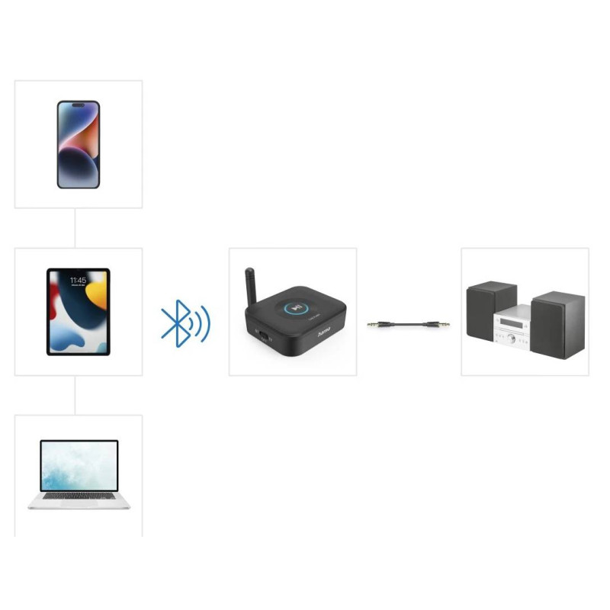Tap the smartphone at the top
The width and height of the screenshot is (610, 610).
pos(78,144)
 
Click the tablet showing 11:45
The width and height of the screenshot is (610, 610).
pos(78,311)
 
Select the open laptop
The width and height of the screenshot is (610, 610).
pos(79,474)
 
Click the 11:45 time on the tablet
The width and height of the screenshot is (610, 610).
pos(78,281)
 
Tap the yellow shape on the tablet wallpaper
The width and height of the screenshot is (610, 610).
pos(98,294)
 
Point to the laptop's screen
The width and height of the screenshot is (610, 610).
pos(79,465)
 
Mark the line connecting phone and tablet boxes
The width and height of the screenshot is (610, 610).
pos(75,227)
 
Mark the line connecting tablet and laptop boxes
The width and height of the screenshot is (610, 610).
pos(75,395)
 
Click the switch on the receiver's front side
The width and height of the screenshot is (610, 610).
pos(261,334)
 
